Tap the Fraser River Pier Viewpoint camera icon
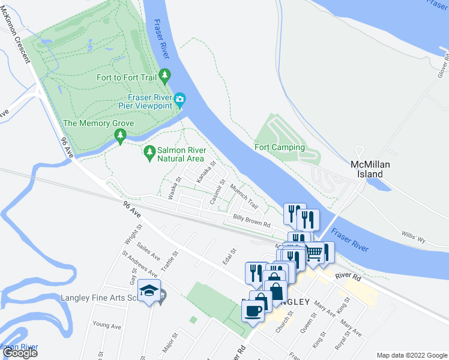pos(180,100)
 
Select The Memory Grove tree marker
pos(120,137)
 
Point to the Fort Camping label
pos(280,147)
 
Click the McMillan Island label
pos(366,169)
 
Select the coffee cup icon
pos(253,311)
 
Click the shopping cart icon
pos(313,253)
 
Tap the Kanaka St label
pos(206,170)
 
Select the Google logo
pos(20,353)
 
